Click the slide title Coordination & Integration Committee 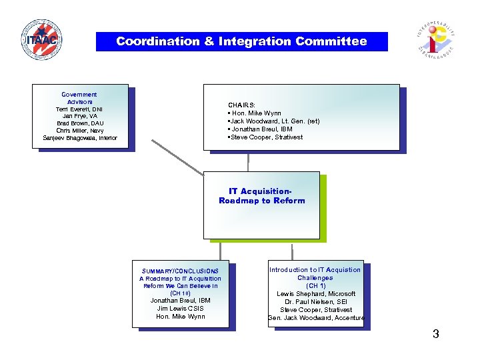click(x=241, y=41)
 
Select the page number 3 click(x=435, y=334)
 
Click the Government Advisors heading click(x=79, y=98)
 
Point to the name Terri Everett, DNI click(x=79, y=109)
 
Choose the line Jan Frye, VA click(x=79, y=116)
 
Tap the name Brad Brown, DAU click(x=79, y=123)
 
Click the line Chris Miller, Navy click(x=79, y=131)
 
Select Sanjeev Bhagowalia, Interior click(x=79, y=138)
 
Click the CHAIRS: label click(x=241, y=105)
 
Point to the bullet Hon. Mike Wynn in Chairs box click(x=256, y=113)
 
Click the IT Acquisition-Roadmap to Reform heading click(x=261, y=196)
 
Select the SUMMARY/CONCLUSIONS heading click(x=180, y=271)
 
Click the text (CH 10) click(x=180, y=293)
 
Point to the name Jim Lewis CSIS click(x=180, y=308)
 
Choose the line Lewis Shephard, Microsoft click(x=316, y=294)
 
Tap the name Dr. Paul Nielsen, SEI click(x=316, y=302)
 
